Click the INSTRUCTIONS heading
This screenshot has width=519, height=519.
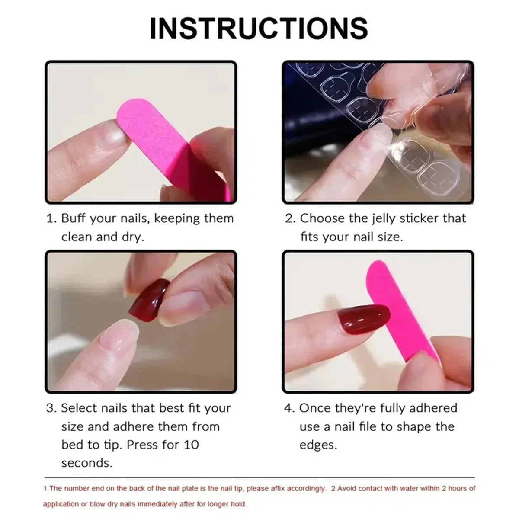click(x=259, y=29)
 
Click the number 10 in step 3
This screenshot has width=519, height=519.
click(x=190, y=445)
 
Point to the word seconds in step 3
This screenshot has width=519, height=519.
click(x=86, y=463)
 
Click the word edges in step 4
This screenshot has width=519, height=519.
click(x=318, y=445)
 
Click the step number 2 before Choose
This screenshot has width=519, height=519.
click(x=289, y=218)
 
